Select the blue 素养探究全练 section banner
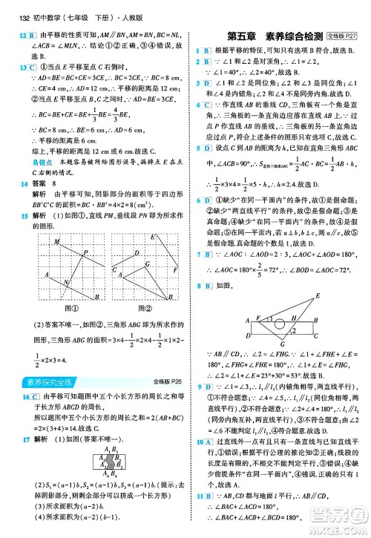click(44, 381)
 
